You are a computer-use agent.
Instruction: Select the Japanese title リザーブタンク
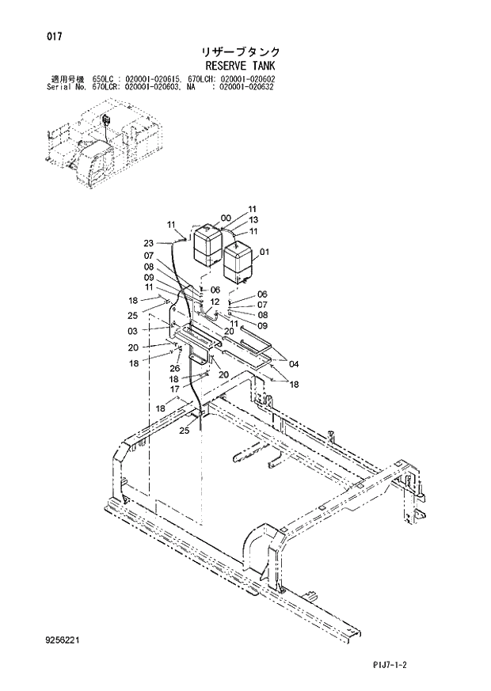pos(246,52)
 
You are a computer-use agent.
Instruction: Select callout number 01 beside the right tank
pos(265,253)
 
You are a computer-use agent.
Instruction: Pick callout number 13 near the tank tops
pos(253,220)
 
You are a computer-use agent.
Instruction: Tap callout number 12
pos(215,302)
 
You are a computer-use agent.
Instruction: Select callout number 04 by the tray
pos(294,364)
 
